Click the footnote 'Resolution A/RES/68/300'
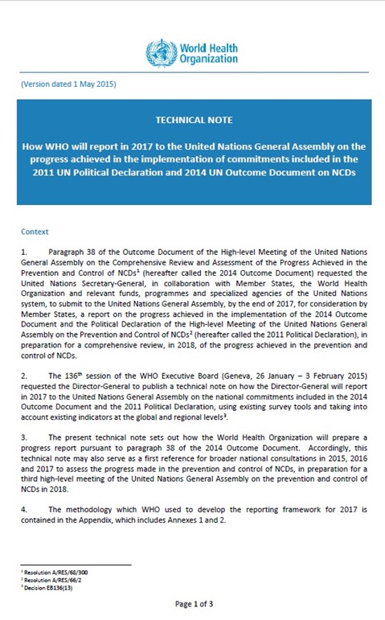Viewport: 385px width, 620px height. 53,572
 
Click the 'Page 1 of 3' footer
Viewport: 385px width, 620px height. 195,603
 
